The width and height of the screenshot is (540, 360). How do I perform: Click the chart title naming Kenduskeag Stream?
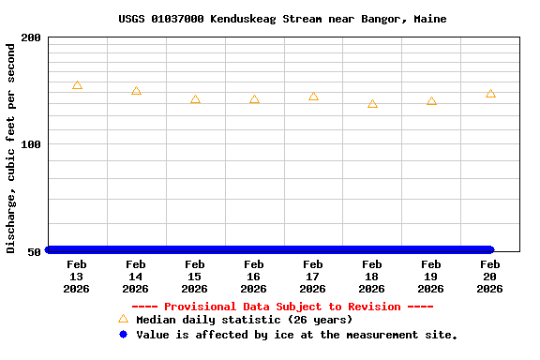[282, 19]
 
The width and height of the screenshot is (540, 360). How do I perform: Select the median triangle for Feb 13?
[77, 85]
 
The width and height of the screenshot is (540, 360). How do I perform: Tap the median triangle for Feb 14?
[136, 91]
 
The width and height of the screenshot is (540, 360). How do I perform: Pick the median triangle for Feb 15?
[195, 99]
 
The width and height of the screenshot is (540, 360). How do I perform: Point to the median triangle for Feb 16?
[254, 99]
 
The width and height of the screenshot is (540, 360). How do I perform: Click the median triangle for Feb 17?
[313, 97]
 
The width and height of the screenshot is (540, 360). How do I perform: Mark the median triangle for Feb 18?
[372, 104]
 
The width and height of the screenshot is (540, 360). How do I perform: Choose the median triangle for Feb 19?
[431, 101]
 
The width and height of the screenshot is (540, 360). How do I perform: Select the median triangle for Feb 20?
[490, 94]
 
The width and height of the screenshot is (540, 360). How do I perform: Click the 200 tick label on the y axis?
[31, 37]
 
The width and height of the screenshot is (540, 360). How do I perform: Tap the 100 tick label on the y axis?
[31, 144]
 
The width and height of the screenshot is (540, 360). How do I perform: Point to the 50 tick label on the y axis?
[35, 251]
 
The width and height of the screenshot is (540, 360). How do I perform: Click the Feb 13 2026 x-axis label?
[77, 277]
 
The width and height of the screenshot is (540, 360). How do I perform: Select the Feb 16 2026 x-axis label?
[254, 277]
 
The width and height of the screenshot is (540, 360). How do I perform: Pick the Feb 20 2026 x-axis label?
[490, 277]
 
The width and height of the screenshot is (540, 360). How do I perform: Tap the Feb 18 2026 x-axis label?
[372, 277]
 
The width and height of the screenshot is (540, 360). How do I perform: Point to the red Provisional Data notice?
[282, 307]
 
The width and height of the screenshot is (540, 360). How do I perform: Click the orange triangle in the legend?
[123, 320]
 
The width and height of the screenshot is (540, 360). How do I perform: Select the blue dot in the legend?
[123, 335]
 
